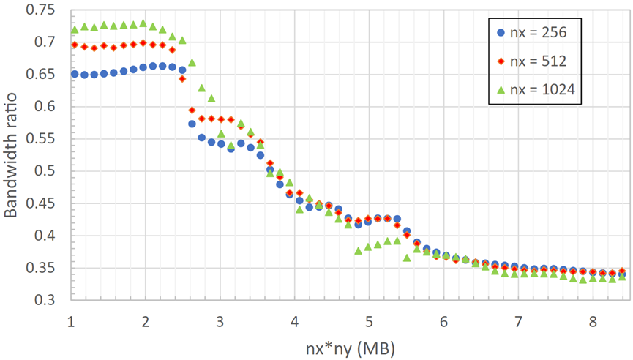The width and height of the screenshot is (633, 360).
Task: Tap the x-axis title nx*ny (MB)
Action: [x=347, y=344]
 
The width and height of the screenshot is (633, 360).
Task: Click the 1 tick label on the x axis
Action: [x=71, y=321]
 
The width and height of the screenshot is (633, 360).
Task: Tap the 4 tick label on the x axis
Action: [x=294, y=321]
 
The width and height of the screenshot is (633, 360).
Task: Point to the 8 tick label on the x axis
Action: [x=591, y=321]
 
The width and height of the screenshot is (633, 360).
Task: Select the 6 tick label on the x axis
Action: [x=443, y=321]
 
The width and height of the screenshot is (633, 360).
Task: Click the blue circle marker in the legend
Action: [x=499, y=33]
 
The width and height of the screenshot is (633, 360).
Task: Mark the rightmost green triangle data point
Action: [x=621, y=277]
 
